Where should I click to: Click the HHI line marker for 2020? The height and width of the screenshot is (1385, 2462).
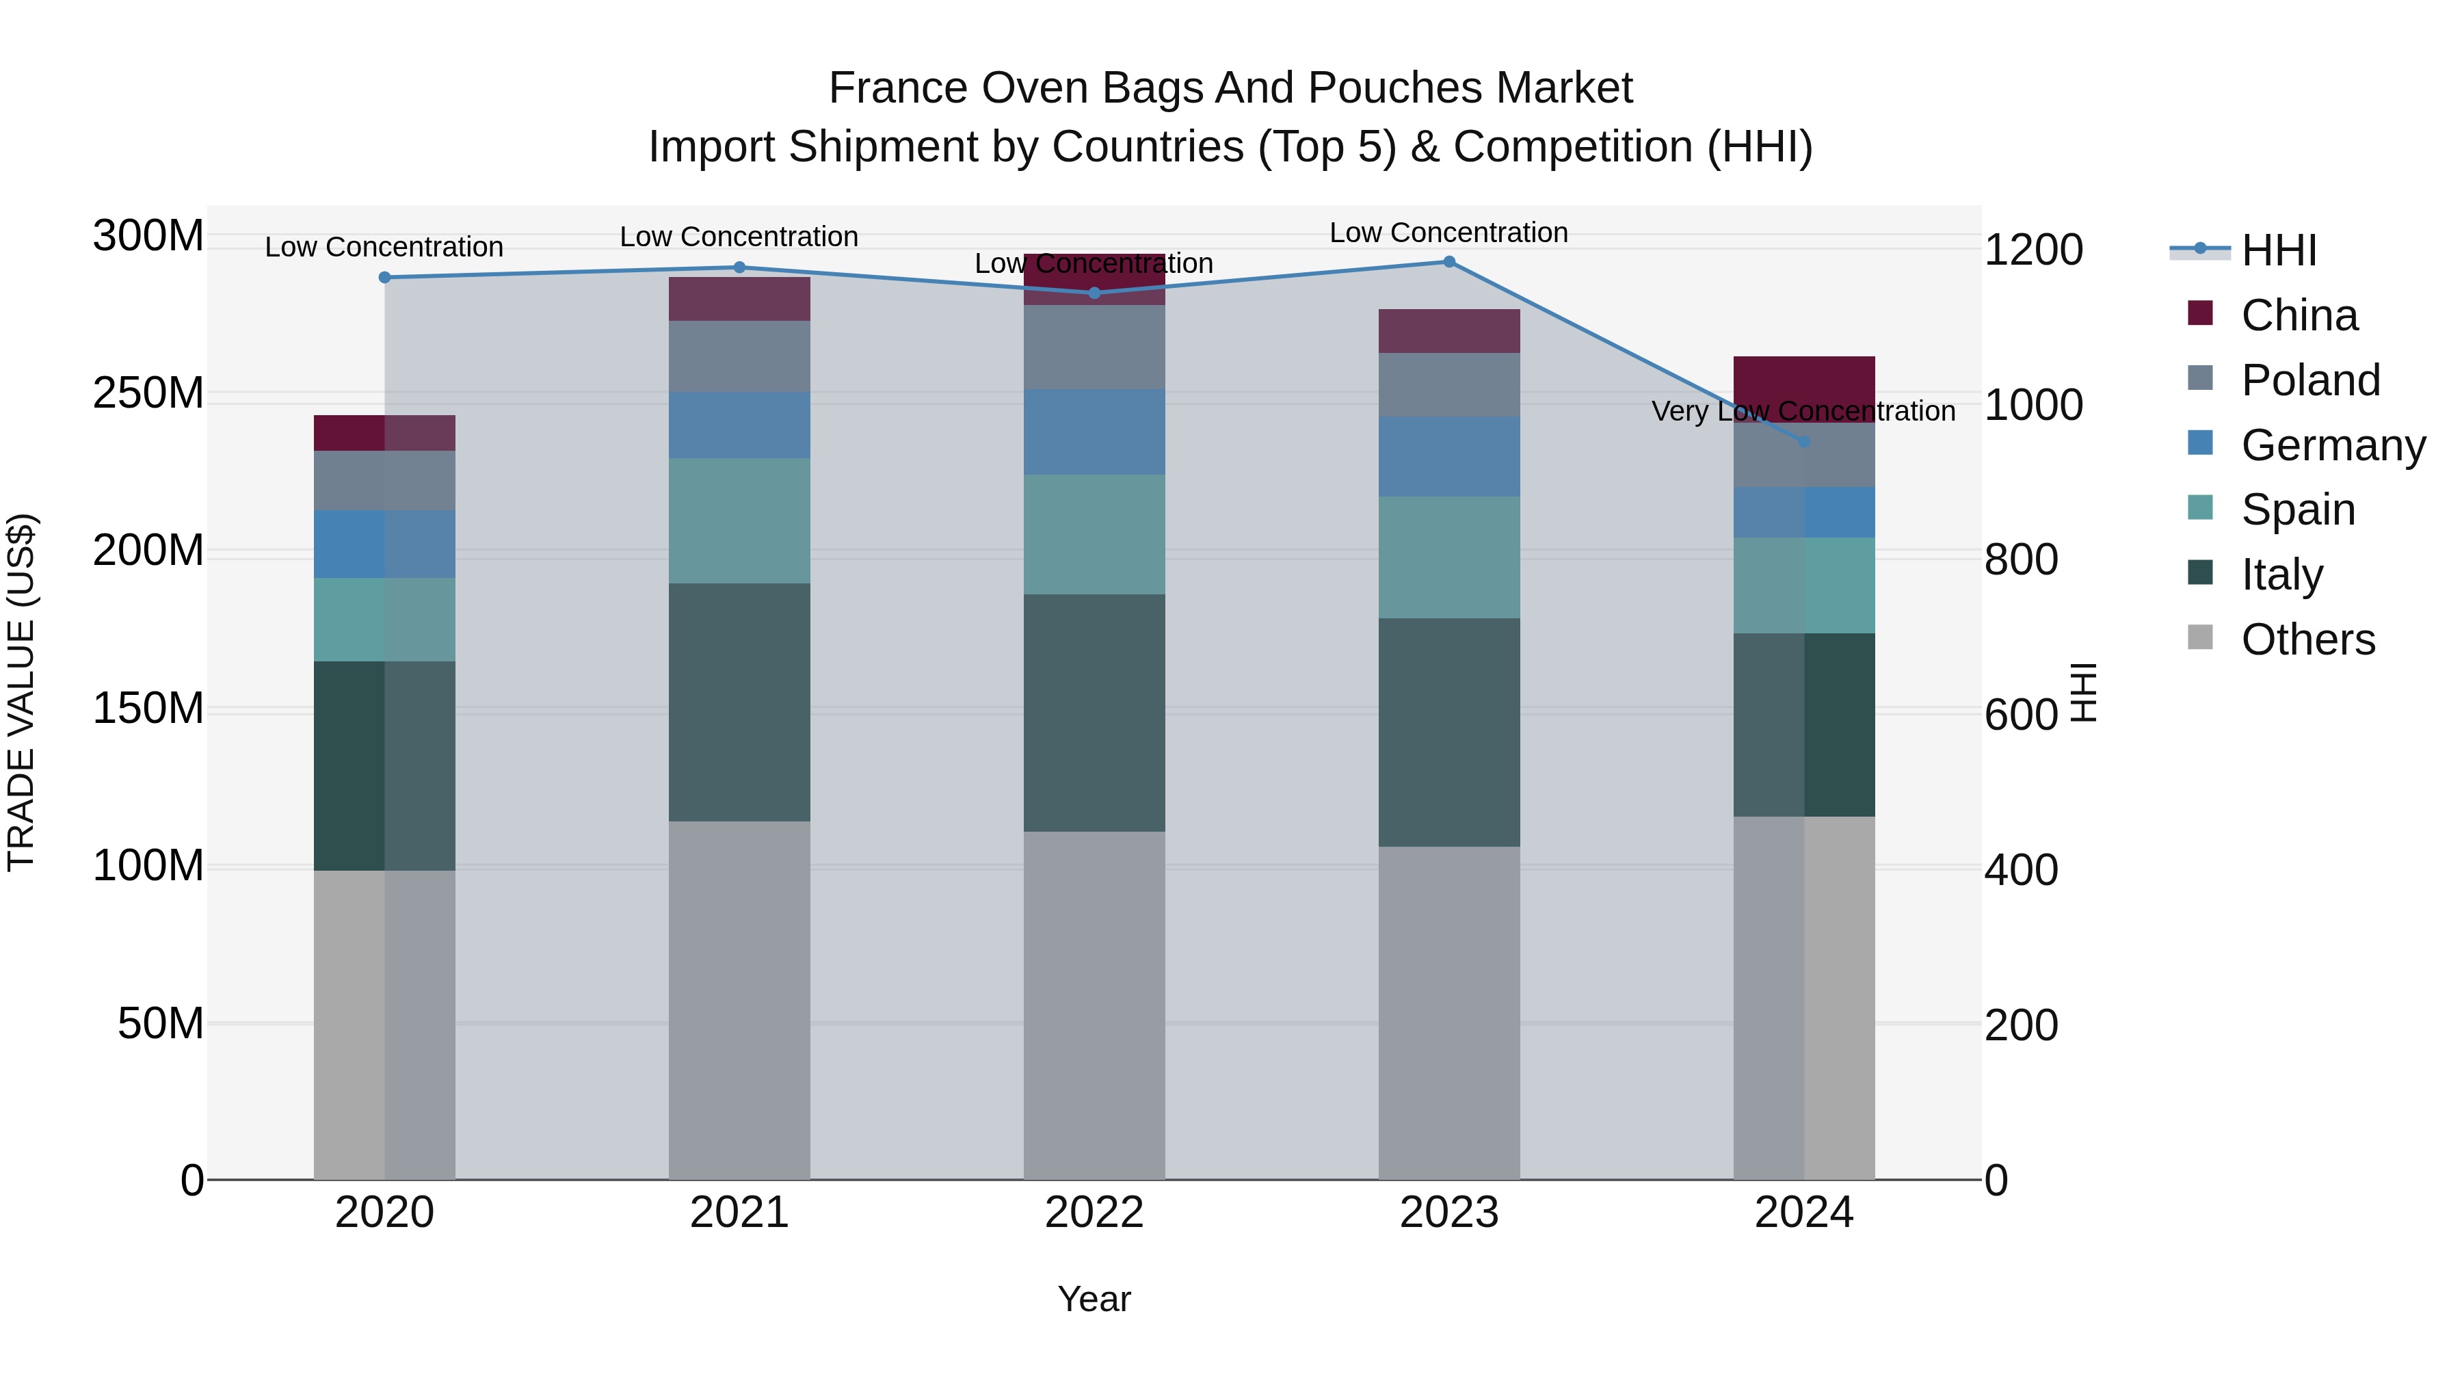384,277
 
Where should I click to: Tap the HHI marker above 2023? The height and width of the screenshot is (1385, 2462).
1449,262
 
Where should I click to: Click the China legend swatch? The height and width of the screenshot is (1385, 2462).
2200,313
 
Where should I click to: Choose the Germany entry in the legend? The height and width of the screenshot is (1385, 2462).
2332,445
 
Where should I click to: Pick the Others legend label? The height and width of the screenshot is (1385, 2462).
2308,639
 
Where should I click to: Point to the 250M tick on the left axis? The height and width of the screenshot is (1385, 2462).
148,393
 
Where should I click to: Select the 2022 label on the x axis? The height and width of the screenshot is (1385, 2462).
1094,1213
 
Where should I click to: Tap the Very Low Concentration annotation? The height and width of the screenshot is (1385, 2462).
1803,411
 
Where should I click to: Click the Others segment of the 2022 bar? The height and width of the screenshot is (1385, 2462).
1094,1003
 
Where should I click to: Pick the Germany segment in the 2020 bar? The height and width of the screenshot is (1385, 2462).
384,544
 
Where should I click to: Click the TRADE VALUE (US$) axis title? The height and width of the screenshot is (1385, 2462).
21,692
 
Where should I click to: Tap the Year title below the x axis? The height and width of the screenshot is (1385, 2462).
1094,1299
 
